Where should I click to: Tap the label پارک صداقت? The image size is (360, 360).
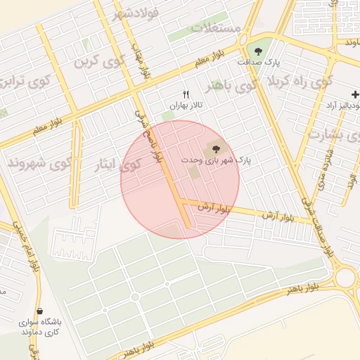(x=258, y=63)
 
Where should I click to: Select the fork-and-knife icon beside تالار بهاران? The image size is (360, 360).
(x=186, y=94)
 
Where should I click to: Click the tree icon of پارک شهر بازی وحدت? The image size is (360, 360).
(x=213, y=148)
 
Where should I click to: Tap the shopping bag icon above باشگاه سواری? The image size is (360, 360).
(x=39, y=310)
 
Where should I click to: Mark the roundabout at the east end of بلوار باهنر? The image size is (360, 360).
(x=346, y=276)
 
